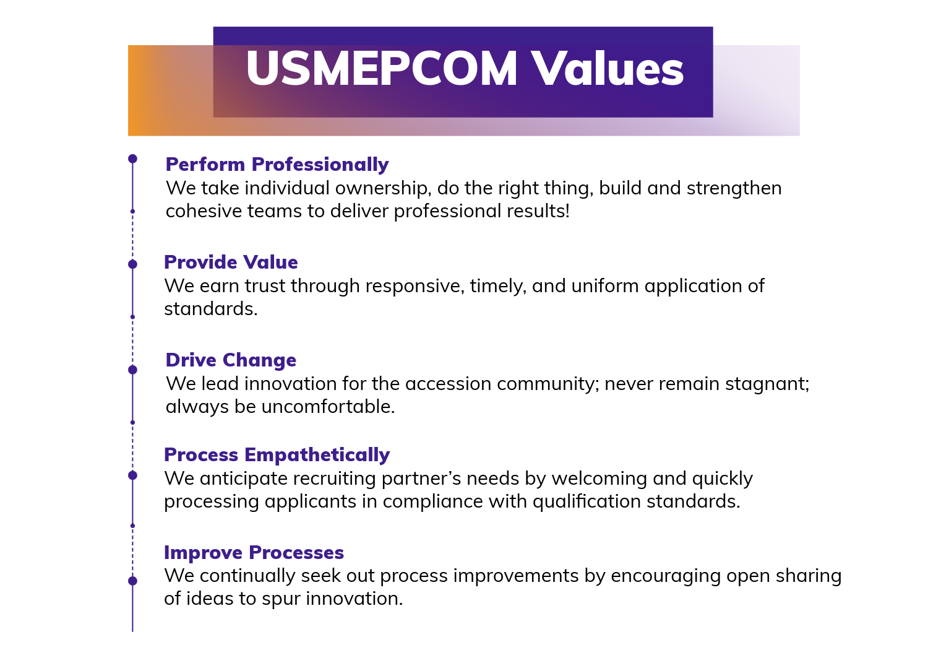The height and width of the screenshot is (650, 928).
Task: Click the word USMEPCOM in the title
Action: [x=382, y=68]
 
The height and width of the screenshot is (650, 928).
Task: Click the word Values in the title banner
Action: [x=608, y=68]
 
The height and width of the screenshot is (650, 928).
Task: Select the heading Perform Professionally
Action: [x=277, y=165]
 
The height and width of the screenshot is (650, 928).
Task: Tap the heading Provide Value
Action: [x=231, y=262]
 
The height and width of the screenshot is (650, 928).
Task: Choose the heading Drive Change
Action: [x=231, y=360]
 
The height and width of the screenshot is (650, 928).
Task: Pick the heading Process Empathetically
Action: [x=277, y=455]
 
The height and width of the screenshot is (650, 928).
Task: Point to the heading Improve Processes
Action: [x=254, y=553]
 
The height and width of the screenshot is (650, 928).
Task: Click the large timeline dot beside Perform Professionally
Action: [x=132, y=158]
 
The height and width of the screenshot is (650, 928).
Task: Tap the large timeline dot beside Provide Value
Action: [x=132, y=264]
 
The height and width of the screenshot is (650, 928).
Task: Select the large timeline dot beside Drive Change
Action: [x=132, y=370]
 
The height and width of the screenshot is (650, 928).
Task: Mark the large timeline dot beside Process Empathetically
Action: [x=132, y=475]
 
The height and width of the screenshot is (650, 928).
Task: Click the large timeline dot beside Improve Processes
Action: [x=132, y=581]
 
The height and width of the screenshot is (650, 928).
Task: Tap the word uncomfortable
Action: [x=328, y=407]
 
